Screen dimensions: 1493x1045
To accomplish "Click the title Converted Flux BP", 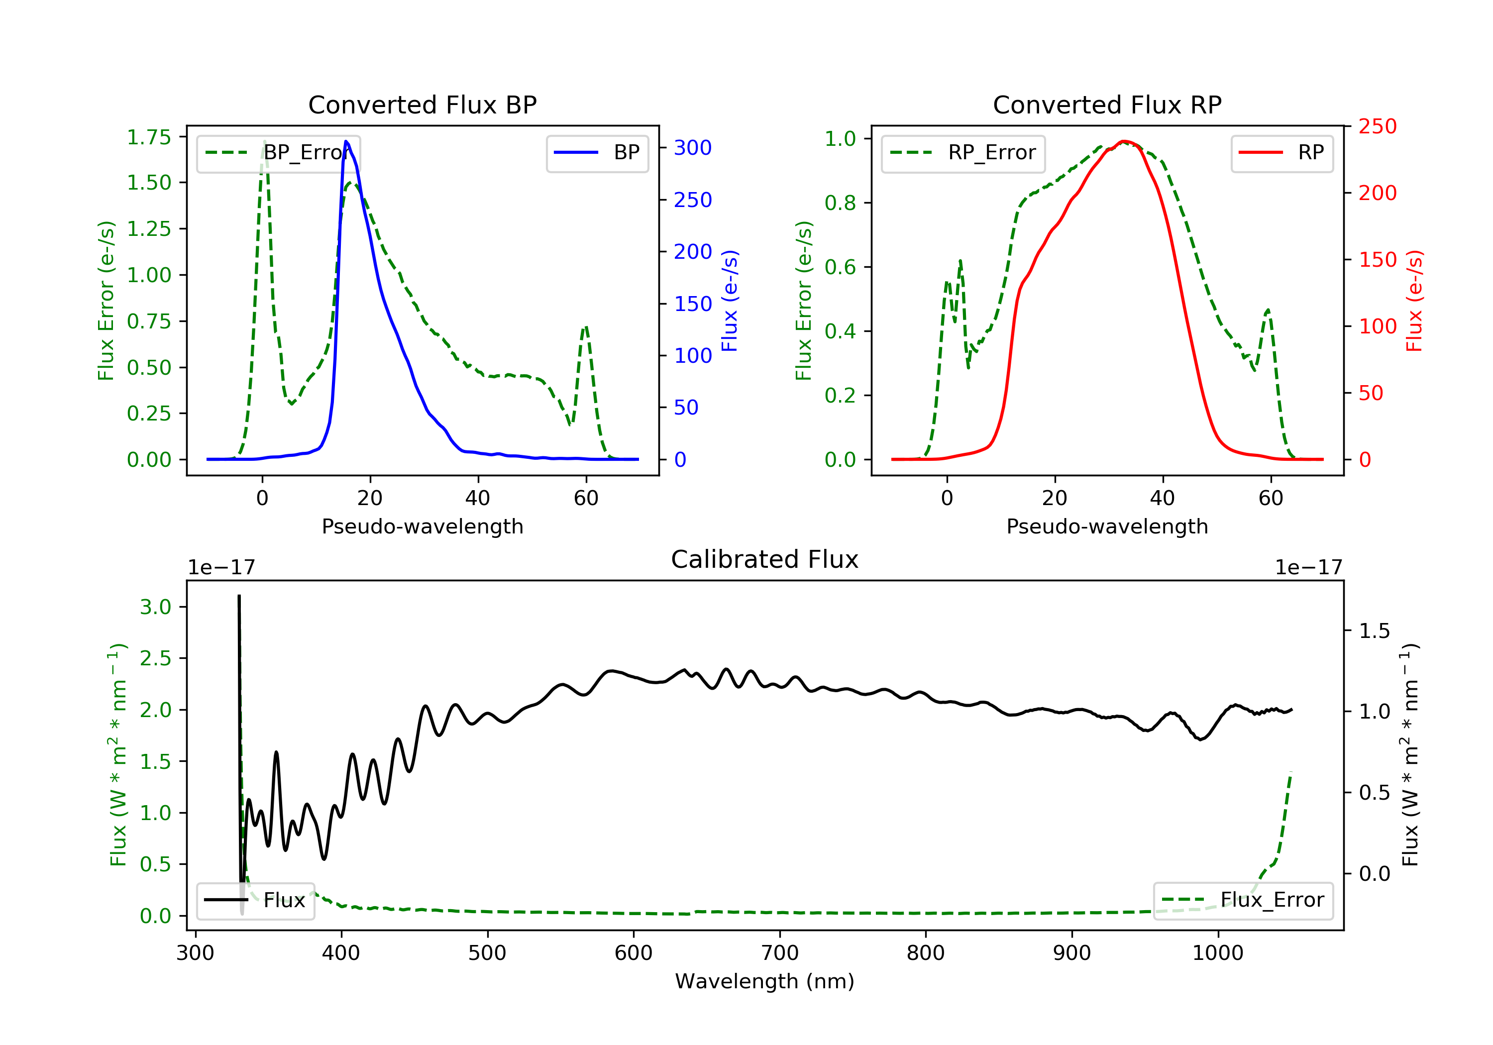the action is tap(423, 104).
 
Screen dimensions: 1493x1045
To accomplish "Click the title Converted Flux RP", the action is tap(1107, 104).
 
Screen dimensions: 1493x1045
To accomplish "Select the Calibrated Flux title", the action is tap(765, 559).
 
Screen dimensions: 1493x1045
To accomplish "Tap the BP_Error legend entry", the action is tap(278, 153).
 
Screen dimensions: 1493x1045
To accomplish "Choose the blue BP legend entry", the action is tap(597, 153).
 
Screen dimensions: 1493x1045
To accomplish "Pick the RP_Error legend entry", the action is tap(963, 153).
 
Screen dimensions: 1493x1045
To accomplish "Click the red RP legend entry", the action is tap(1281, 153).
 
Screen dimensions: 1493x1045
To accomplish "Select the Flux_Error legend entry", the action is tap(1243, 900).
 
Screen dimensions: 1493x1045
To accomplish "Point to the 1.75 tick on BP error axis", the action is tap(149, 137).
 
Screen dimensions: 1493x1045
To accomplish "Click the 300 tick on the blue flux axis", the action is tap(693, 148).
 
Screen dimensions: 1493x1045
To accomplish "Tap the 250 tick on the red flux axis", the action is tap(1377, 126).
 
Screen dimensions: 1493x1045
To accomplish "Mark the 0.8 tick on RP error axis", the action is tap(840, 203).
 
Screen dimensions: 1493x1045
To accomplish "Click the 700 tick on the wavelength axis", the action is tap(780, 953).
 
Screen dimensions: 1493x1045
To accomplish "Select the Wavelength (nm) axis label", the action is tap(765, 981).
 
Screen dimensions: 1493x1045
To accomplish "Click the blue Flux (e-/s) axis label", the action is tap(730, 301).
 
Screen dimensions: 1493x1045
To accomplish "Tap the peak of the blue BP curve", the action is tap(346, 141).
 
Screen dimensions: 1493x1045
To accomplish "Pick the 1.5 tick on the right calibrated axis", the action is tap(1375, 631).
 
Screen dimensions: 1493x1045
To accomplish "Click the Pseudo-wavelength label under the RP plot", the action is tap(1107, 526).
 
